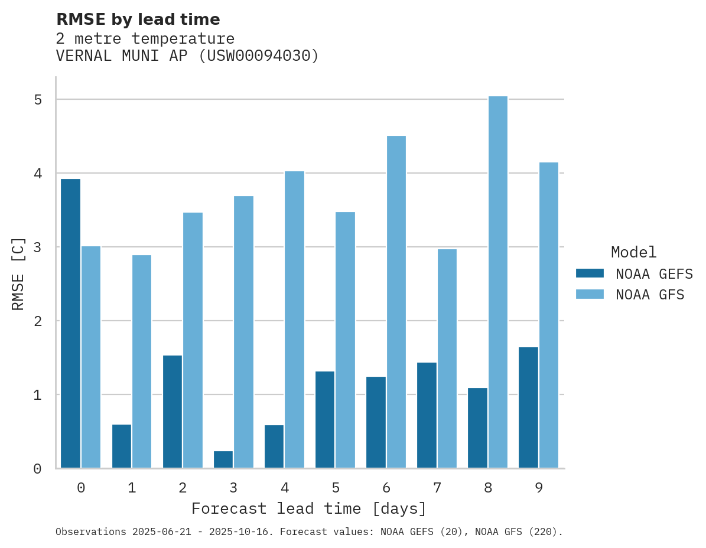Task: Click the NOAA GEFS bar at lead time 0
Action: pyautogui.click(x=70, y=323)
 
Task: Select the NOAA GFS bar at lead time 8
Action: pyautogui.click(x=497, y=282)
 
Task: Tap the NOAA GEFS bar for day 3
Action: pyautogui.click(x=223, y=459)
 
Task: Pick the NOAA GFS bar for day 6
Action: pyautogui.click(x=396, y=302)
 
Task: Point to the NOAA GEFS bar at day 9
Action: pyautogui.click(x=528, y=407)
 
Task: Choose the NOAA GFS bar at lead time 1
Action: pyautogui.click(x=142, y=361)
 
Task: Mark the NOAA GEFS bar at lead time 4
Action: pyautogui.click(x=274, y=446)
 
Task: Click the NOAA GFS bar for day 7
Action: pyautogui.click(x=447, y=358)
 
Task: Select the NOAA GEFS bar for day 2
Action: pyautogui.click(x=173, y=412)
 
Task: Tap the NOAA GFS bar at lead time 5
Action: pyautogui.click(x=345, y=340)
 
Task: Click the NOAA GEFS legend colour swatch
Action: pyautogui.click(x=590, y=273)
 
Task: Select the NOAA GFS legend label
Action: pyautogui.click(x=650, y=295)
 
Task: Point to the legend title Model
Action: pyautogui.click(x=633, y=253)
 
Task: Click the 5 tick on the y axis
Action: pyautogui.click(x=38, y=99)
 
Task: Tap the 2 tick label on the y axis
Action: pyautogui.click(x=38, y=321)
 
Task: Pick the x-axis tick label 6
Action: pyautogui.click(x=386, y=488)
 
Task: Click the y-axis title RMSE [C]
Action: pyautogui.click(x=18, y=273)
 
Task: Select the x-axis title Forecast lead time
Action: pyautogui.click(x=308, y=508)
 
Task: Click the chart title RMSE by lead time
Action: pyautogui.click(x=138, y=19)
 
